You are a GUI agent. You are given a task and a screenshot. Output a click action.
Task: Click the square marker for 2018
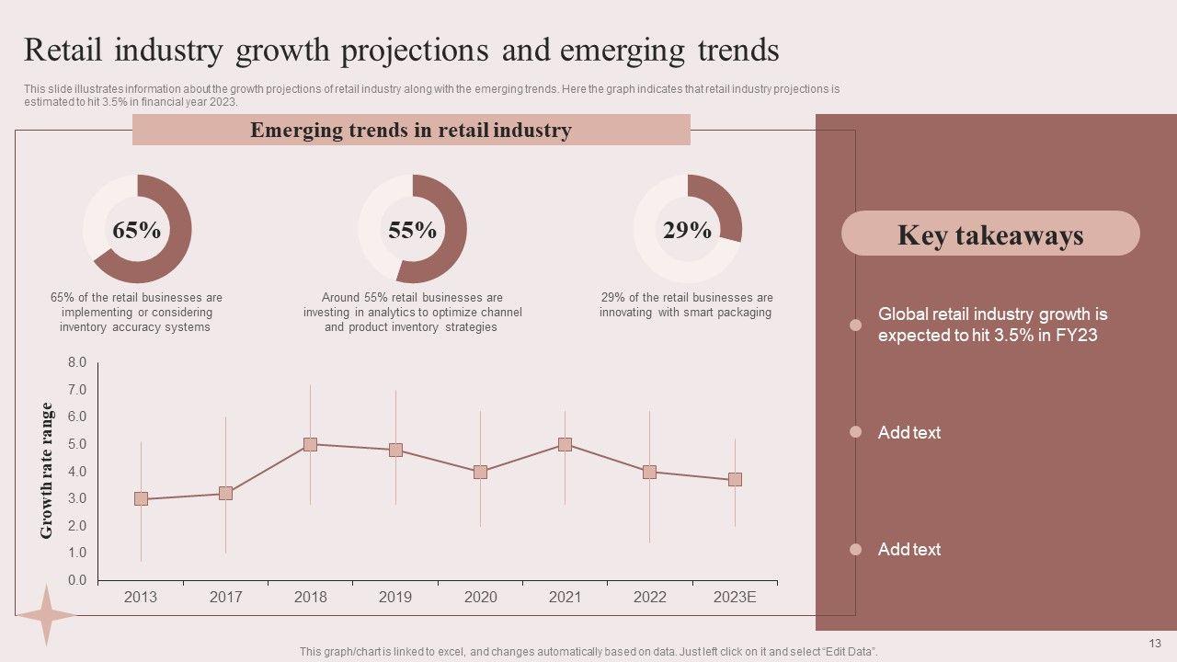point(310,444)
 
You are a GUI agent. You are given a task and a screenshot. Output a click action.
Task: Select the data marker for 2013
point(141,498)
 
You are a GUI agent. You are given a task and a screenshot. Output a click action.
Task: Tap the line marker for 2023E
point(735,479)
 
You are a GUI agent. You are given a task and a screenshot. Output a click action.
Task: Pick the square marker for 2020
point(480,472)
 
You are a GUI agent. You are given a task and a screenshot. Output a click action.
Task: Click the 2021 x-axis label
point(565,597)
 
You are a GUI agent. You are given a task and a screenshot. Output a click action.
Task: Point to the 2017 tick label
point(225,597)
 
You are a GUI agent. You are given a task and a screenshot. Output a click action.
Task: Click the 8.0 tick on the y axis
point(77,363)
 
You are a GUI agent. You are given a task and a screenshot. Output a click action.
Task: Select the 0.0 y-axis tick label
point(77,580)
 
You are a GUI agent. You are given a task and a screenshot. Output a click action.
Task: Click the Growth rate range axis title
point(47,470)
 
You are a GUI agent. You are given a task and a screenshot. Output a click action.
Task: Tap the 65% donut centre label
point(137,230)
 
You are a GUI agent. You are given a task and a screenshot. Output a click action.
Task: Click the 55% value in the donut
point(412,230)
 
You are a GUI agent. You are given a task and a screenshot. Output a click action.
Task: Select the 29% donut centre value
point(687,230)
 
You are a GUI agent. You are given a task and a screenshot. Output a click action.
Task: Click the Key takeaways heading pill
point(990,234)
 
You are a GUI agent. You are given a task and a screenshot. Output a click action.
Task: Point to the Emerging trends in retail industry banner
point(411,131)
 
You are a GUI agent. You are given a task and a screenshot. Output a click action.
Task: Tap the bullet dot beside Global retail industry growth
point(855,325)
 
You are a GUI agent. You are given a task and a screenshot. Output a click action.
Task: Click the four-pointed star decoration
point(45,614)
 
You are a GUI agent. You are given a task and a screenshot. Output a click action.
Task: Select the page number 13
point(1156,643)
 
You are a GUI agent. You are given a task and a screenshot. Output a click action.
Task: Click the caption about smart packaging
point(686,305)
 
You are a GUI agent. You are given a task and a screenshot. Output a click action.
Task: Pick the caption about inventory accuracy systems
point(136,313)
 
